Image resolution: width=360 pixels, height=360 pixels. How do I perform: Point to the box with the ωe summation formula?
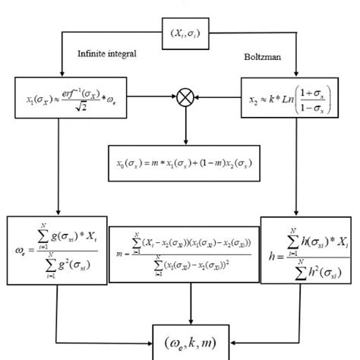tap(55, 251)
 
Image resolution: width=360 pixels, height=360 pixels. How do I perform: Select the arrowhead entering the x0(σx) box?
tap(185, 145)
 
